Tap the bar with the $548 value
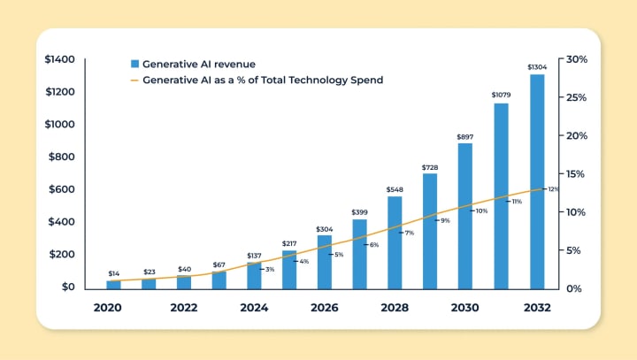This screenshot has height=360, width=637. click(395, 242)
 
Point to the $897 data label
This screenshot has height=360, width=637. click(465, 136)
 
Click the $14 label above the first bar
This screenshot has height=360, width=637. click(114, 274)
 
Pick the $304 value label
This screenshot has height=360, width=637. click(325, 228)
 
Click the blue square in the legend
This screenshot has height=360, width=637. click(134, 64)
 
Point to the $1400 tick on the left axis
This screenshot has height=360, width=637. click(62, 59)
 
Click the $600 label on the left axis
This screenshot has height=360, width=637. click(65, 189)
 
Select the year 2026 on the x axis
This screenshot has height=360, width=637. click(325, 308)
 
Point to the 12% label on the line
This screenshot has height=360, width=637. click(554, 189)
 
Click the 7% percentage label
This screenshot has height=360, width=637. click(410, 233)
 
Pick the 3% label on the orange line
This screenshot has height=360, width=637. click(269, 269)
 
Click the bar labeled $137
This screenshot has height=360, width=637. click(254, 275)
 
